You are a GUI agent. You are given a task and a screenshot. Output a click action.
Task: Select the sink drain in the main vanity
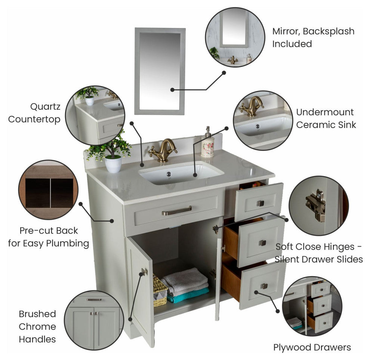coord(169,174)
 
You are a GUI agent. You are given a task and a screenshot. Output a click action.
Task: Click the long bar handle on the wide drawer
coord(177,211)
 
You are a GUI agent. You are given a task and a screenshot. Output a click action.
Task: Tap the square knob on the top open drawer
coord(260,203)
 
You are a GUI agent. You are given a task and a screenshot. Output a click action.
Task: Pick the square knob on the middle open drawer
coord(262,243)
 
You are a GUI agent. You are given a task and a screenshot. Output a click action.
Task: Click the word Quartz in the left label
coord(45,107)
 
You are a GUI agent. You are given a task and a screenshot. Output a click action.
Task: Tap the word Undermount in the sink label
coord(325,112)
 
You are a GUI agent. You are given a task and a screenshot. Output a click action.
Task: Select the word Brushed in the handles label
coord(37,314)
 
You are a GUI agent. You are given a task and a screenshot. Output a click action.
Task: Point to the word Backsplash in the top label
coord(329,31)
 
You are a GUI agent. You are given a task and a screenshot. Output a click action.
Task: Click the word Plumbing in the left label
coord(68,243)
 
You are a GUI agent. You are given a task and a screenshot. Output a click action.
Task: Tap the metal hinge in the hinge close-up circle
coord(316,205)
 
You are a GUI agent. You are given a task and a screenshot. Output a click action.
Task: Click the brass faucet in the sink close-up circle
coord(252,107)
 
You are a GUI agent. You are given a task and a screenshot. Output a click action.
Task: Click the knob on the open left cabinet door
coord(144,272)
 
